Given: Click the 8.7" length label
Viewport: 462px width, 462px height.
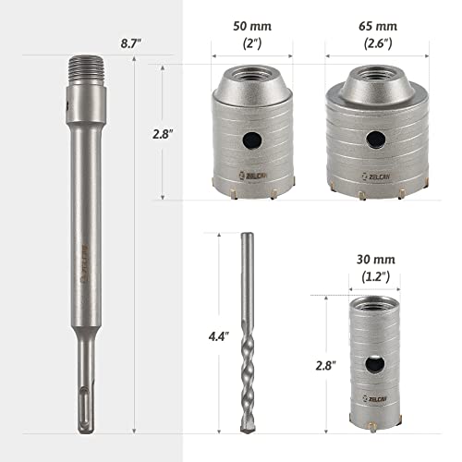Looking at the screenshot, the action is (130, 43).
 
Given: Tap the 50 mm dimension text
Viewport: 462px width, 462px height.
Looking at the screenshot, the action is (252, 26).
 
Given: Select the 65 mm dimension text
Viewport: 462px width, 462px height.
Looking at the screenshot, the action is (378, 26).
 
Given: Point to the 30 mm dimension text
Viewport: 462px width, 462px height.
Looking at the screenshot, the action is (376, 260).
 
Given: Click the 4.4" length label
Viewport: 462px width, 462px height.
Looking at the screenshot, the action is (219, 336).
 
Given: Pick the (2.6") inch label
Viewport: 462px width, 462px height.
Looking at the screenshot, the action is (378, 43).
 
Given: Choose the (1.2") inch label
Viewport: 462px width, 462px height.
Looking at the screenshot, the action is (375, 276).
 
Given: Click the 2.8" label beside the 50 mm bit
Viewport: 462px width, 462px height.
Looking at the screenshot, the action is (163, 134).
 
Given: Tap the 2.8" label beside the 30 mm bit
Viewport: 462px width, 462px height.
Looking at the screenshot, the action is (325, 366).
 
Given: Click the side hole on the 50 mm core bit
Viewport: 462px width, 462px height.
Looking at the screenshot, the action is (252, 140).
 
